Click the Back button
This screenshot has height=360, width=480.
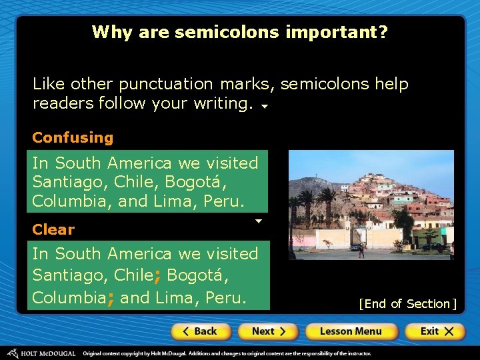(x=201, y=331)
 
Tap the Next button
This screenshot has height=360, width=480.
(x=268, y=331)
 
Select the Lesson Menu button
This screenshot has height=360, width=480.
(x=351, y=331)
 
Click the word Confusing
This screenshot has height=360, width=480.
(x=73, y=138)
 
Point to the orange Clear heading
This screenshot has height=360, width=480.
(x=53, y=229)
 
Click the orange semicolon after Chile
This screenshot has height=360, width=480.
(x=157, y=276)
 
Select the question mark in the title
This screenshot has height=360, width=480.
(x=383, y=32)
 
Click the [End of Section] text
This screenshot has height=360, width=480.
(x=407, y=304)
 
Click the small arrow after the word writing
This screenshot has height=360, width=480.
(x=264, y=106)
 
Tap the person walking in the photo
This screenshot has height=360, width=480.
(x=361, y=250)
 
